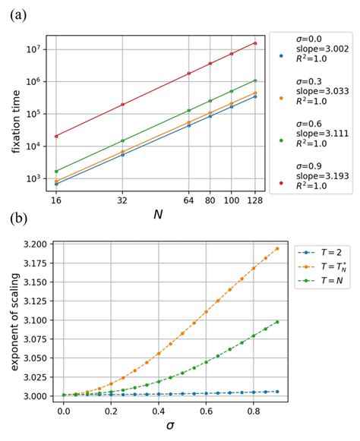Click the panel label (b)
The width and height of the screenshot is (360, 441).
pyautogui.click(x=17, y=221)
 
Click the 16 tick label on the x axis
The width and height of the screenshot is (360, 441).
pyautogui.click(x=56, y=203)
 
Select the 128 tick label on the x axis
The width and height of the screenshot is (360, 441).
pyautogui.click(x=255, y=203)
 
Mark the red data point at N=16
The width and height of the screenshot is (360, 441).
pyautogui.click(x=56, y=137)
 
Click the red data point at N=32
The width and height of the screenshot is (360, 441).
pyautogui.click(x=122, y=105)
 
